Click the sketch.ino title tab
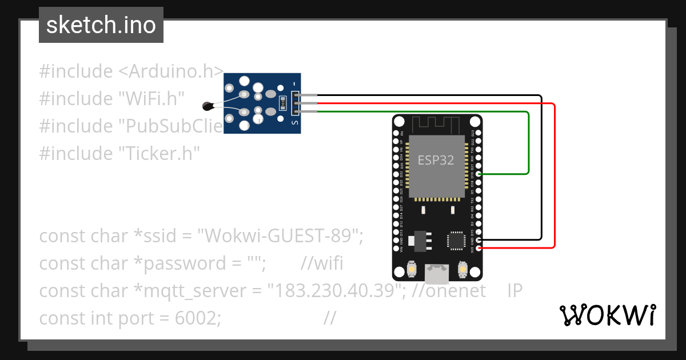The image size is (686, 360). pos(101,25)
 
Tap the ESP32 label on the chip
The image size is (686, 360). pos(436,160)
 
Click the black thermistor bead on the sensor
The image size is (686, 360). pos(208,105)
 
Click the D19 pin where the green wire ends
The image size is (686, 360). pos(478,173)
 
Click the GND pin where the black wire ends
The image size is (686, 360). pos(478,240)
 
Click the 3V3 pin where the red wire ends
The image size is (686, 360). pos(478,248)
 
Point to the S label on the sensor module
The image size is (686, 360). pos(295,122)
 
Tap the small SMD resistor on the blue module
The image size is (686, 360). pos(282,103)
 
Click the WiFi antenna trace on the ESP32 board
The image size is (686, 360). pos(437,122)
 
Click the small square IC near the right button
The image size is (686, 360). pos(456,240)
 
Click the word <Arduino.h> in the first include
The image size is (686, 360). pos(171,71)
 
